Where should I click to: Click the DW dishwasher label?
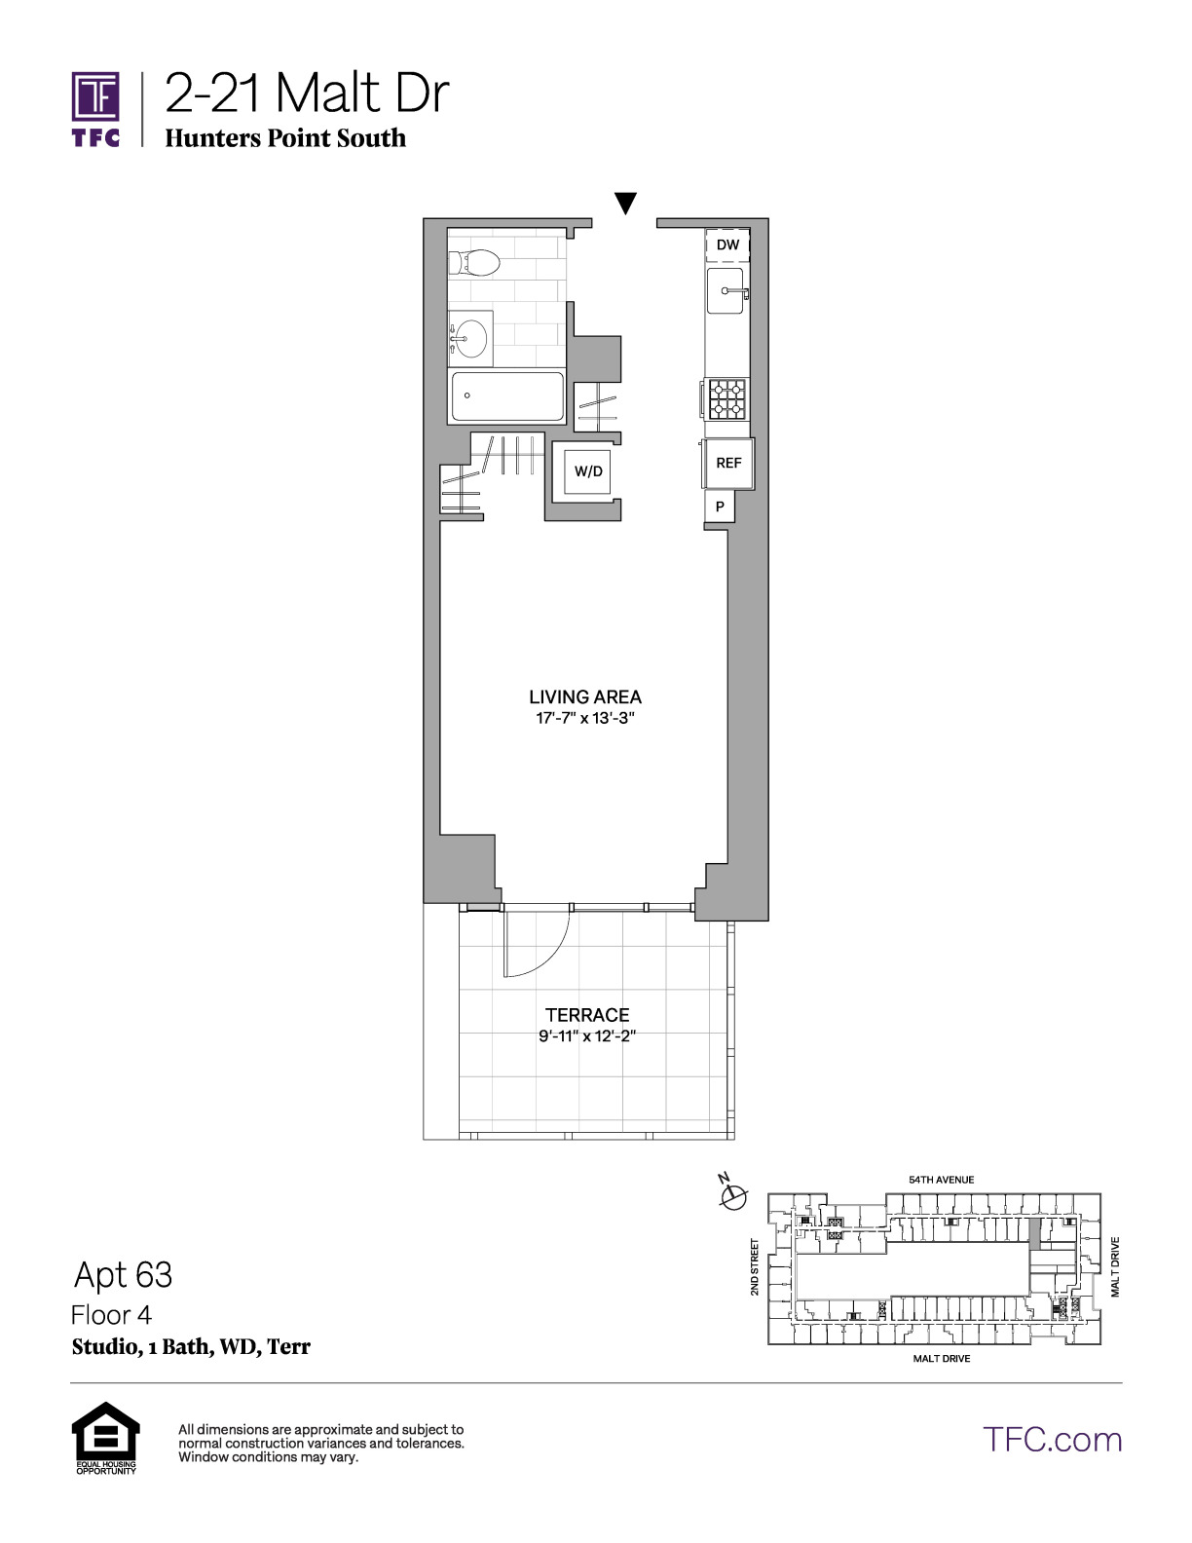click(x=727, y=245)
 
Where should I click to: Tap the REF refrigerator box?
click(x=728, y=463)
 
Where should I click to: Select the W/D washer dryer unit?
click(x=588, y=470)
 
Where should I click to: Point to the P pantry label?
click(x=720, y=507)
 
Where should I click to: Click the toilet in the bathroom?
click(x=475, y=263)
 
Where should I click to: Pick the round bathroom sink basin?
click(x=470, y=338)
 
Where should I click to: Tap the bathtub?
click(x=507, y=396)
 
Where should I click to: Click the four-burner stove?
click(x=727, y=398)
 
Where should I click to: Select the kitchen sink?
click(x=726, y=291)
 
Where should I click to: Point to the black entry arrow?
click(x=625, y=203)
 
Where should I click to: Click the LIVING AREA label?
click(x=585, y=696)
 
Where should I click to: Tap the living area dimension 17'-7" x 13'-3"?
click(x=585, y=718)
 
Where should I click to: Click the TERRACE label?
click(x=587, y=1015)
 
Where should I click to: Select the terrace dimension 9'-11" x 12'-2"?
click(x=587, y=1036)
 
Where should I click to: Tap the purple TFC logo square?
click(x=95, y=96)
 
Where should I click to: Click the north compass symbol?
click(x=733, y=1197)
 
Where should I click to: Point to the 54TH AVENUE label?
click(x=942, y=1180)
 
